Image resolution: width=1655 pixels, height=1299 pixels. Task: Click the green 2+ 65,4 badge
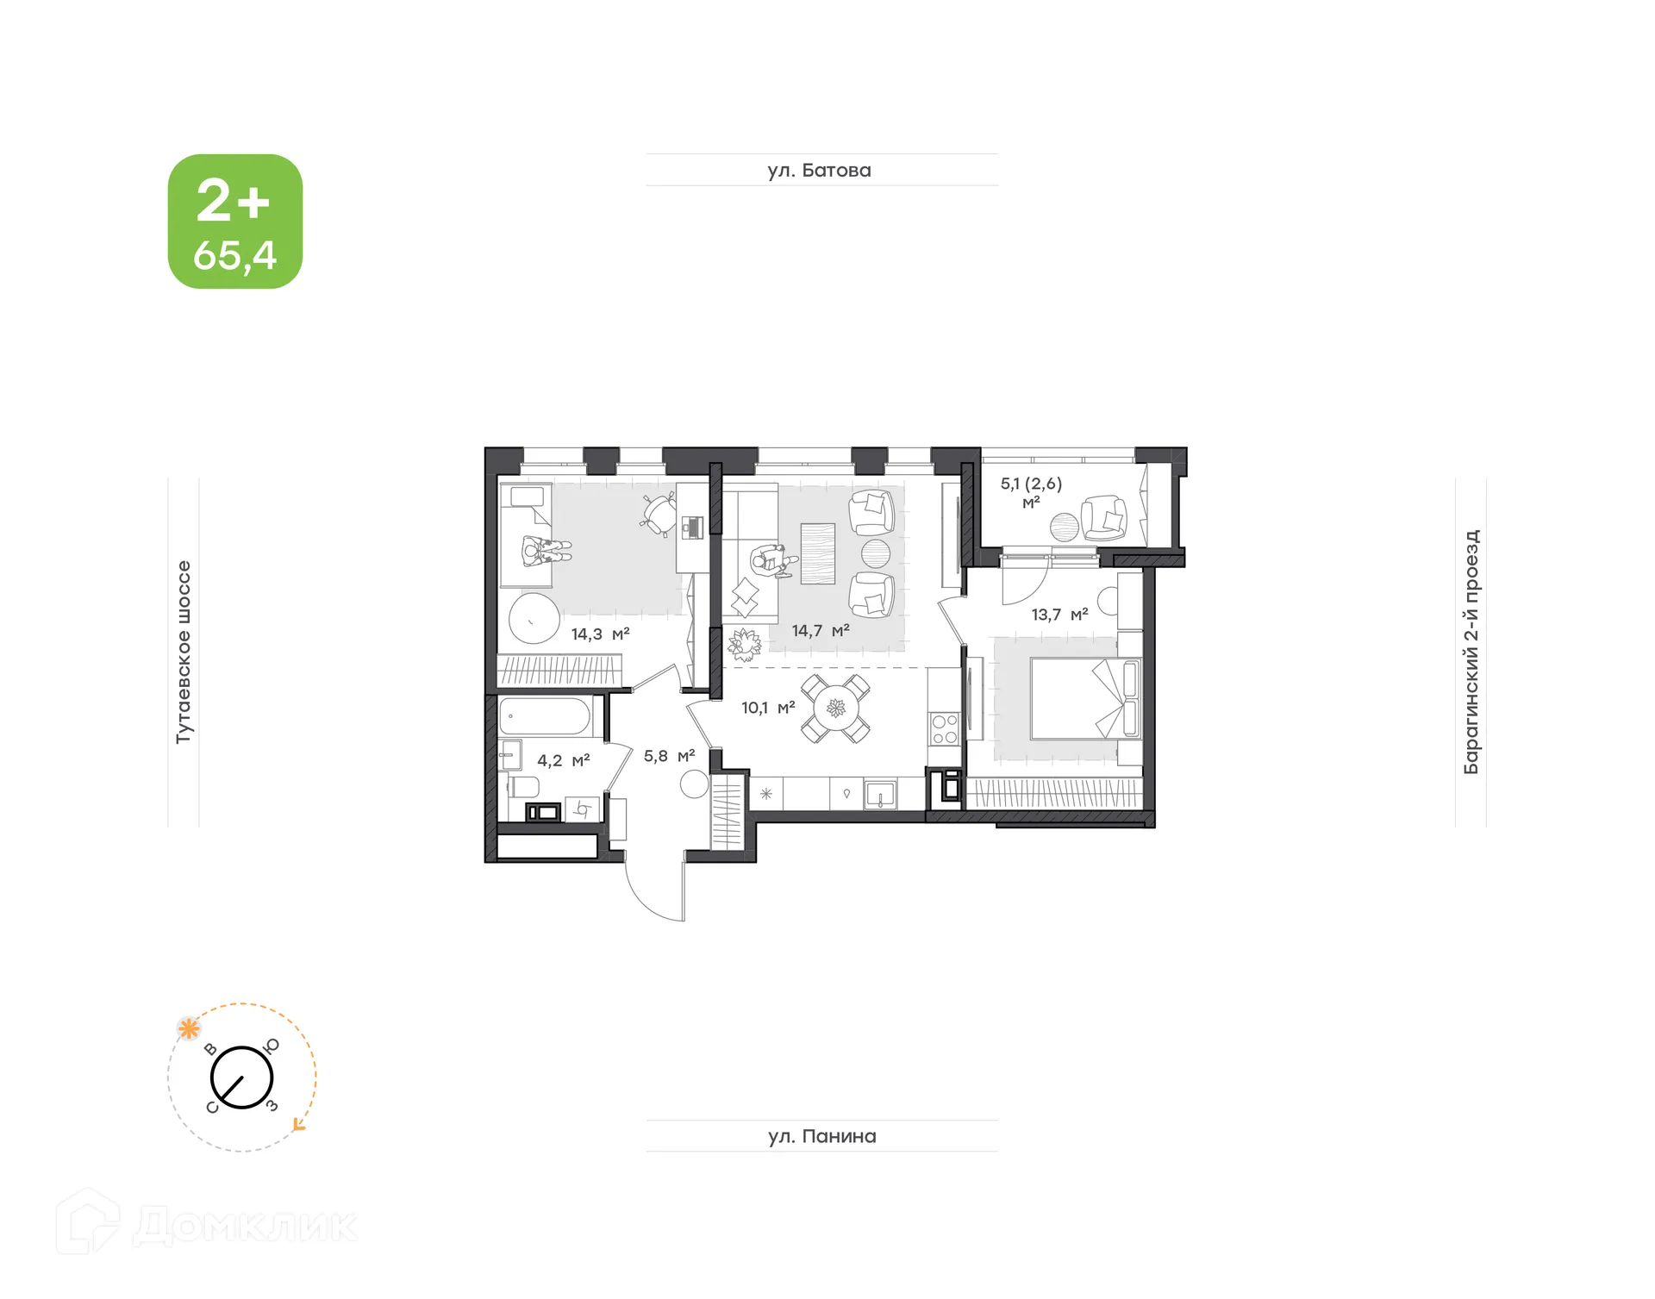coord(234,222)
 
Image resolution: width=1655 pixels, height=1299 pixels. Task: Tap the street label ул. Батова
coord(819,171)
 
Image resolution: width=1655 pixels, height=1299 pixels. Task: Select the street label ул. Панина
coord(821,1136)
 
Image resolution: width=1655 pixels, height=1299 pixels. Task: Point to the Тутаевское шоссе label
coord(184,652)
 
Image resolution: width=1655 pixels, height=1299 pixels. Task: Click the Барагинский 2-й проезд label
coord(1471,652)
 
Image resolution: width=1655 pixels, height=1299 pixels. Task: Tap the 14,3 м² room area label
coord(600,634)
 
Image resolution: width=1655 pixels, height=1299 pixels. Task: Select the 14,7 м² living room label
coord(821,631)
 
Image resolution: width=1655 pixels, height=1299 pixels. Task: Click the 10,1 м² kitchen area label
coord(767,708)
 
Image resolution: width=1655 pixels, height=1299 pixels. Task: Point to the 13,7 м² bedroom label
coord(1059,615)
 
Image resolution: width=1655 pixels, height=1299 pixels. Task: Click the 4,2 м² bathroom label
coord(563,760)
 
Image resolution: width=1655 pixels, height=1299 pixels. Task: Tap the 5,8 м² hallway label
coord(669,756)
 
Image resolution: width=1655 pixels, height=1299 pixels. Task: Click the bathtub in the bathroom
coord(545,716)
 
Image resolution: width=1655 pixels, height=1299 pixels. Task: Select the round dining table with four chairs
coord(835,709)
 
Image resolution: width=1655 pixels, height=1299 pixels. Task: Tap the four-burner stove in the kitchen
coord(945,729)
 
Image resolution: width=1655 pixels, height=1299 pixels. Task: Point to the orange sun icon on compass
coord(189,1028)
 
